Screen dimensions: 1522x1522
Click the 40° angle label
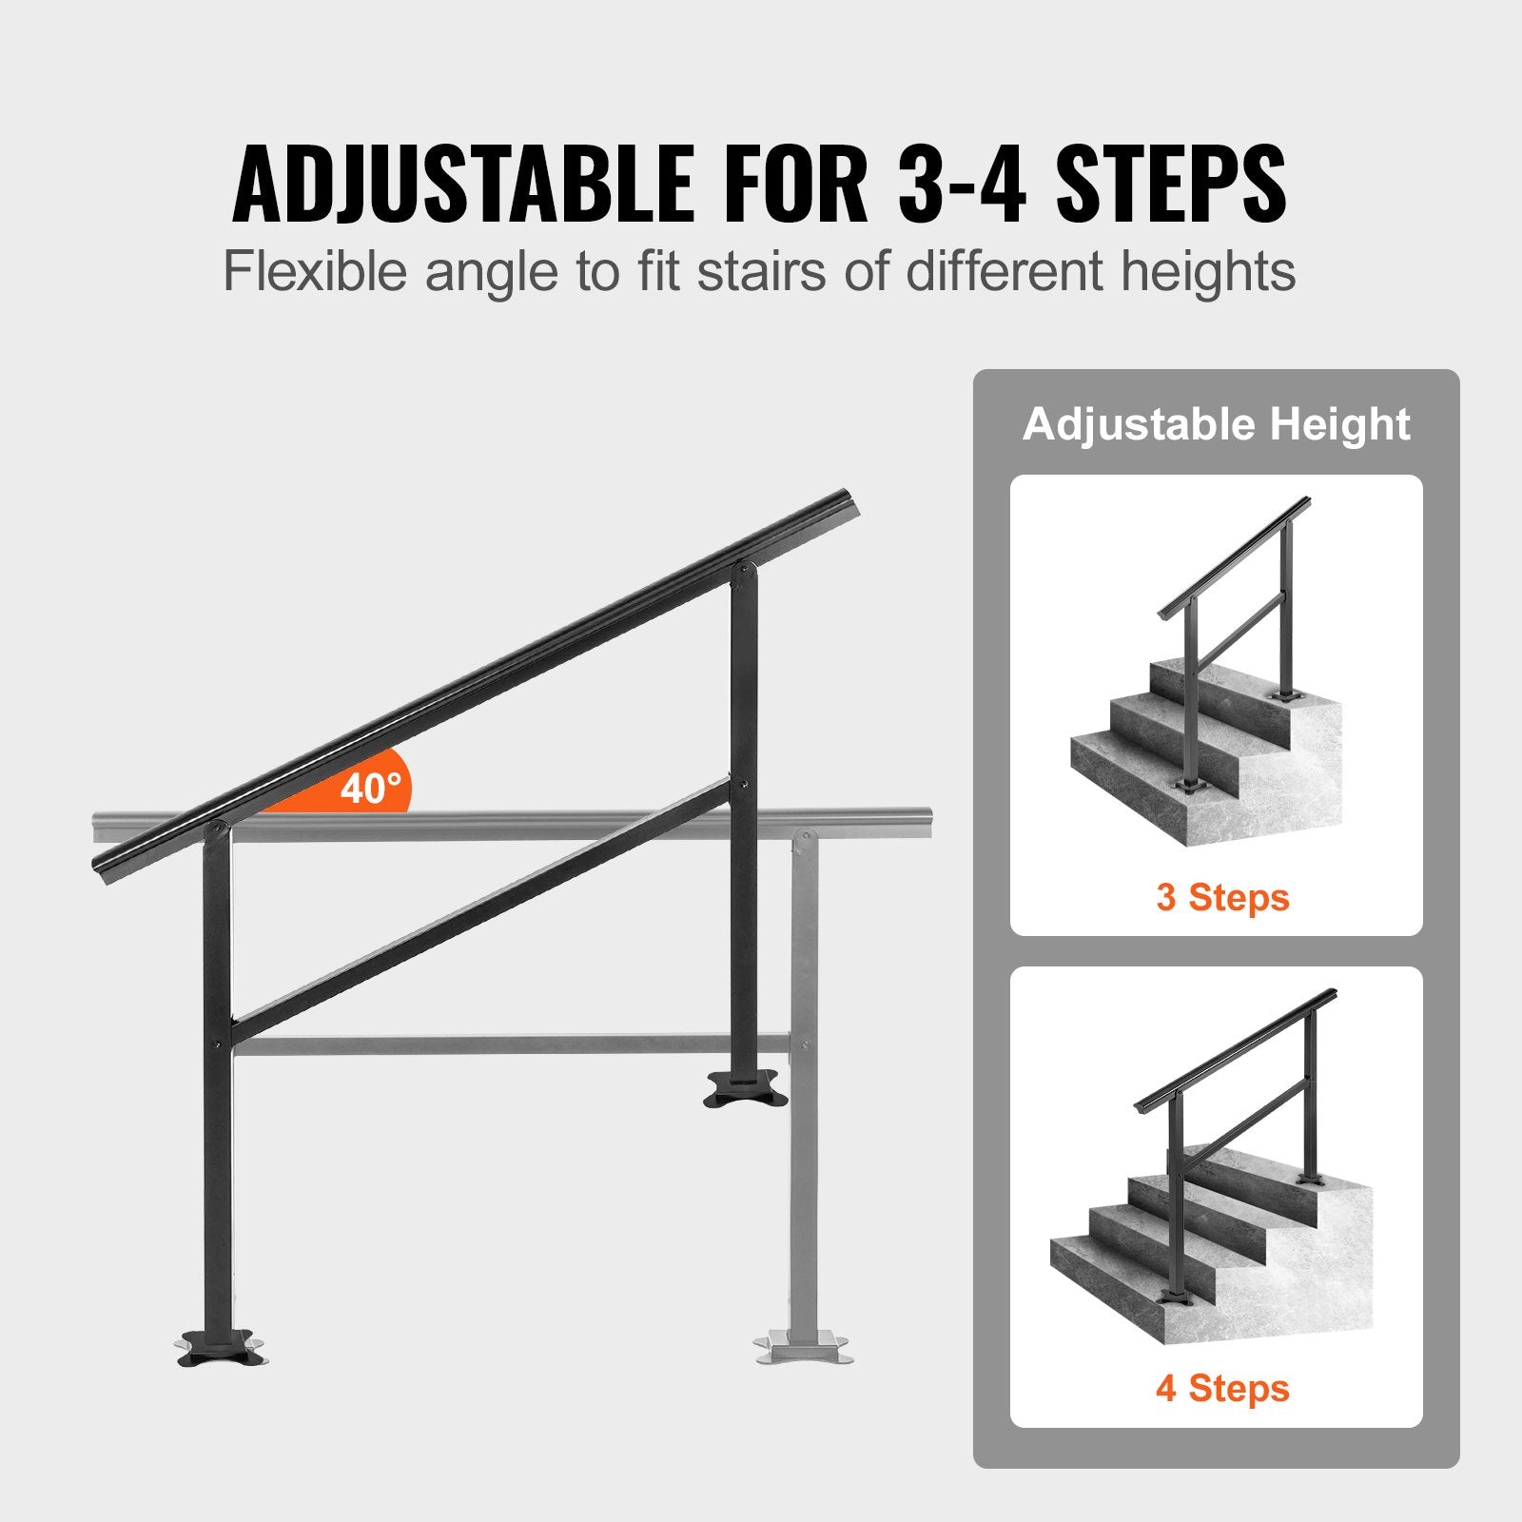coord(371,789)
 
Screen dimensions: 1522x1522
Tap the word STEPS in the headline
coord(1171,184)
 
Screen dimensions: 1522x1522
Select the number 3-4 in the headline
coord(961,184)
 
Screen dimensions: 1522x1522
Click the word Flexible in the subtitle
coord(315,272)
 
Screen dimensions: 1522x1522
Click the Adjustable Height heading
coord(1216,424)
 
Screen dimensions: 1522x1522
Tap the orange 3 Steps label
coord(1222,897)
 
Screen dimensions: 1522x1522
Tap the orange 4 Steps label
coord(1222,1388)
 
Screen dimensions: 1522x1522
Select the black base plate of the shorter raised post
coord(745,1087)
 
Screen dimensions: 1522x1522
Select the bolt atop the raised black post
coord(744,572)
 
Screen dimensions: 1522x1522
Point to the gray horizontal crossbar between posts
coord(514,1044)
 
